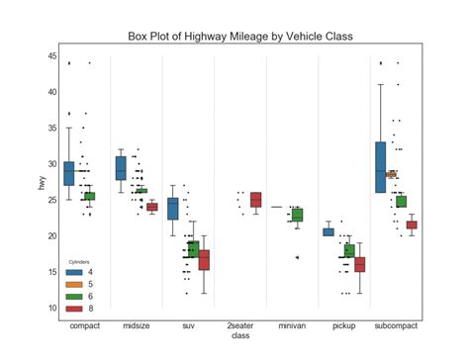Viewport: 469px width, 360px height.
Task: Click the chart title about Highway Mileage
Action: coord(240,37)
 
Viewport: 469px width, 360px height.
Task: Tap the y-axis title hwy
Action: coord(41,182)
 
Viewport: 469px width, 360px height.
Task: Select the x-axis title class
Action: coord(240,335)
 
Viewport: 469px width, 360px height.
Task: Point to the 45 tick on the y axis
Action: coord(51,56)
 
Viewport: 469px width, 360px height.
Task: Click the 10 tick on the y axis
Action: coord(51,309)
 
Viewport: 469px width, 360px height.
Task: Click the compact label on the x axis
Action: coord(82,324)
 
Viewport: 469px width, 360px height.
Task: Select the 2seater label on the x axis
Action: coord(240,324)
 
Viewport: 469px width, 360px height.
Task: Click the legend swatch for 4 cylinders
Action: coord(74,272)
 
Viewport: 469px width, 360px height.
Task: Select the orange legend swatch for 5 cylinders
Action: coord(74,284)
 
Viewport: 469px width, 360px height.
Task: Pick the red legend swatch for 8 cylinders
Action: coord(74,308)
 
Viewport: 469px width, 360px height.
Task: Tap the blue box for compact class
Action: coord(68,173)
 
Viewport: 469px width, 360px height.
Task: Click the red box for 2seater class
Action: coord(256,200)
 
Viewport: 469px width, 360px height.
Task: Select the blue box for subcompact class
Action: coord(380,166)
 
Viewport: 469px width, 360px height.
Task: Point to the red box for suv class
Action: coord(204,260)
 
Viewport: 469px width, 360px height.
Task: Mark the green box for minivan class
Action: coord(297,215)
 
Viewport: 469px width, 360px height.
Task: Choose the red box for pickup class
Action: coord(359,264)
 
